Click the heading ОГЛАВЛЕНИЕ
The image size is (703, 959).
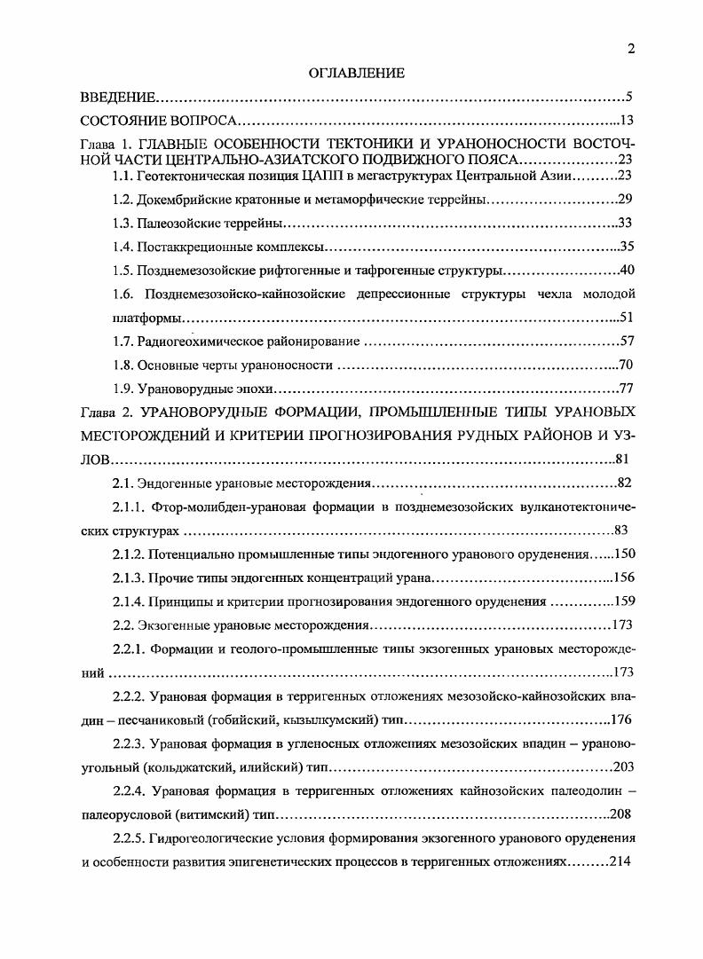[356, 73]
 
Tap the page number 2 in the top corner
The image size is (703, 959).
[631, 50]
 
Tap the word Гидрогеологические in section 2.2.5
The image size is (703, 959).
[216, 838]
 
